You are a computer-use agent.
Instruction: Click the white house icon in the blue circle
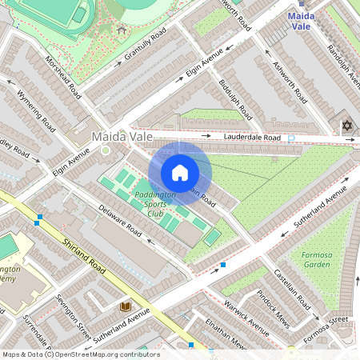180,173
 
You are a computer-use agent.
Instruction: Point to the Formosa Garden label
316,258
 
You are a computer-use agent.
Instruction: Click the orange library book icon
126,306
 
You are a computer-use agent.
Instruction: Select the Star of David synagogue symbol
347,126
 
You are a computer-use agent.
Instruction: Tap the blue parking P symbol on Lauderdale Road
291,139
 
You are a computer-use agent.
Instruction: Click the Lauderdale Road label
252,138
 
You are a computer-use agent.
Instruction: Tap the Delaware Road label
120,223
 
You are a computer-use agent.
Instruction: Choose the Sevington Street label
73,313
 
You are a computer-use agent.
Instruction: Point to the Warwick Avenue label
249,315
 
